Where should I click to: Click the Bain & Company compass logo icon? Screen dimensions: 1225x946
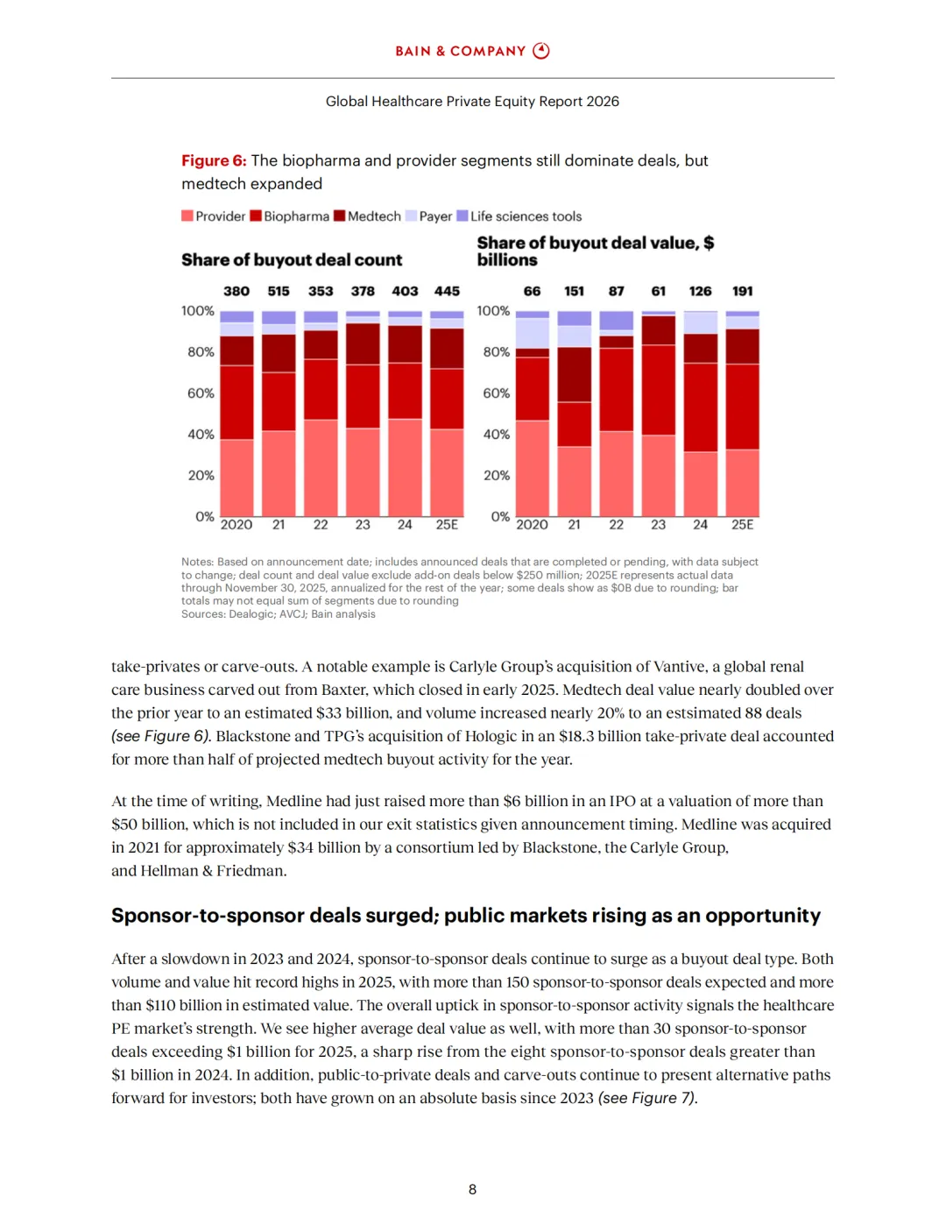point(541,51)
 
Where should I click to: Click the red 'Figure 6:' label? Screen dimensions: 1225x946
point(214,160)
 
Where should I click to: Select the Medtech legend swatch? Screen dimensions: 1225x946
point(340,216)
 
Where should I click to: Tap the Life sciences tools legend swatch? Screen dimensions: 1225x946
point(462,216)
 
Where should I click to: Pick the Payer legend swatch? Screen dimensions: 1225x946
point(411,216)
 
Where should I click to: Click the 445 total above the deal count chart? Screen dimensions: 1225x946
point(447,291)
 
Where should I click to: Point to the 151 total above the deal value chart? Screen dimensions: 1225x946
point(574,291)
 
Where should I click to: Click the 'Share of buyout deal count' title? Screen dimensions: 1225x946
point(292,260)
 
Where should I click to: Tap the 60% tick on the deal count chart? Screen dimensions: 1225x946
point(201,393)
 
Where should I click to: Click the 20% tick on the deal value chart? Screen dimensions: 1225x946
point(496,475)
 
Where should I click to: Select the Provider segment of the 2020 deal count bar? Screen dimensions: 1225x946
point(236,478)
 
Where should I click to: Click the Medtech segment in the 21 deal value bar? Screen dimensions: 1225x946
point(575,375)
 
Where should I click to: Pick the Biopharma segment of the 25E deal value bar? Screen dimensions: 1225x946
point(743,407)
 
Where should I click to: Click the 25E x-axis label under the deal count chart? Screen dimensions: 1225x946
point(447,525)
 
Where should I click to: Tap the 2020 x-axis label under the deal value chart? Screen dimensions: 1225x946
point(532,525)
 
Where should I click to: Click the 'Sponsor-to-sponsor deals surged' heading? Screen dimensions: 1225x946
point(273,916)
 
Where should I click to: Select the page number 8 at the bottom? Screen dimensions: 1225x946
point(473,1189)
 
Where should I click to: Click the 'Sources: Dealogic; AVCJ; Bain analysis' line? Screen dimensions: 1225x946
point(279,614)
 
